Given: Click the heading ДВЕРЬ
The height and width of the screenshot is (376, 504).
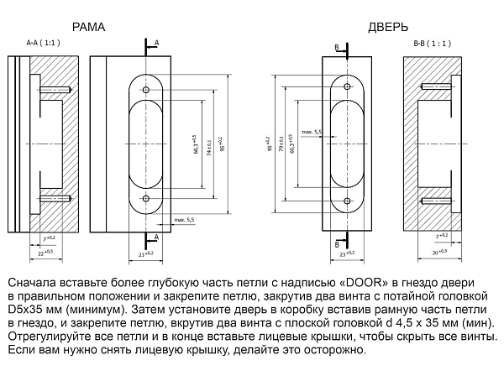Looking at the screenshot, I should [x=388, y=27].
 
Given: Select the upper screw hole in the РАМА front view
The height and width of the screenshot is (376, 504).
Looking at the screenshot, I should [x=146, y=90].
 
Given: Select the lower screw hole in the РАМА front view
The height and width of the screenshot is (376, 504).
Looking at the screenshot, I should [x=146, y=198].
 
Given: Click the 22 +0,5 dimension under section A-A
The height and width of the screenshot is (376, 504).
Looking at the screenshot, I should [x=45, y=252].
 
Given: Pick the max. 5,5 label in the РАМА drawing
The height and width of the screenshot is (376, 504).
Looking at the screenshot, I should [x=184, y=220].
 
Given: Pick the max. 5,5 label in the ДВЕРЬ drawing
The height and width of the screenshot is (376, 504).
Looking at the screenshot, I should [x=312, y=132].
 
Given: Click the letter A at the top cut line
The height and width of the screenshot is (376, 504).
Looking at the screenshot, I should [x=156, y=41].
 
